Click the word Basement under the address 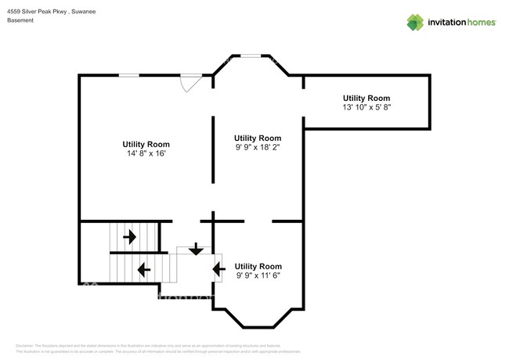(x=20, y=21)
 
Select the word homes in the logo (x=479, y=22)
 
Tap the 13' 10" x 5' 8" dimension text (x=366, y=107)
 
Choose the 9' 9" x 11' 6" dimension (x=258, y=275)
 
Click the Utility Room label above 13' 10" (x=366, y=98)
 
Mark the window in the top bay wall (x=251, y=56)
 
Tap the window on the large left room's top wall (x=129, y=75)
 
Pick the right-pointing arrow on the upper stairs (x=129, y=235)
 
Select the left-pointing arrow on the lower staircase (x=144, y=270)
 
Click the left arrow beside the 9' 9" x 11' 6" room (x=218, y=270)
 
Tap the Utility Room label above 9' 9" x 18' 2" (x=258, y=138)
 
